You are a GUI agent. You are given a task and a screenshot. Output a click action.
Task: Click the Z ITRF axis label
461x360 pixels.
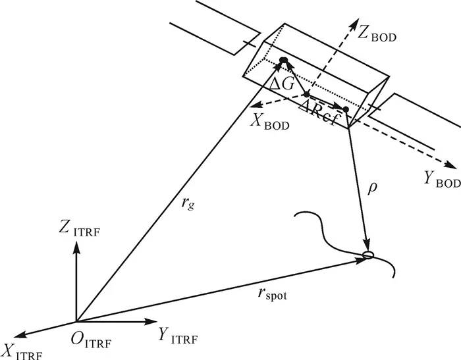pyautogui.click(x=80, y=228)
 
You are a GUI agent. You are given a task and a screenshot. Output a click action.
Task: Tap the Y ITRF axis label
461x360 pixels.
pyautogui.click(x=178, y=335)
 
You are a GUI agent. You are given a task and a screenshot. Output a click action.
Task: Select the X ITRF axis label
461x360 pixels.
pyautogui.click(x=23, y=352)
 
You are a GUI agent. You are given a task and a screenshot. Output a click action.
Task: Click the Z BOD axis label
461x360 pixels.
pyautogui.click(x=377, y=33)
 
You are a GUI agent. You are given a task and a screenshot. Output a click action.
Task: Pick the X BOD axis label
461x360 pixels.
pyautogui.click(x=270, y=121)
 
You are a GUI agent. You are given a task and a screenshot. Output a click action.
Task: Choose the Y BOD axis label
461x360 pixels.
pyautogui.click(x=442, y=178)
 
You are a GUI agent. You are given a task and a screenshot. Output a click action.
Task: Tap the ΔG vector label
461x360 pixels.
pyautogui.click(x=282, y=84)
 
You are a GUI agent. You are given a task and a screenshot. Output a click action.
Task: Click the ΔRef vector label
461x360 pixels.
pyautogui.click(x=318, y=113)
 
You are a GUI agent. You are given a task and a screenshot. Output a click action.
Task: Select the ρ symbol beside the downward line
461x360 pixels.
pyautogui.click(x=372, y=188)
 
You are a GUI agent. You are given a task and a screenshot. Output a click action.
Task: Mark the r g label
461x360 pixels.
pyautogui.click(x=188, y=203)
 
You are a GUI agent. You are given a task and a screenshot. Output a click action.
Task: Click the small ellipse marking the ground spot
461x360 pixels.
pyautogui.click(x=367, y=255)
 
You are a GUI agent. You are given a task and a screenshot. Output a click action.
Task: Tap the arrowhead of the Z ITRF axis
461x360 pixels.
pyautogui.click(x=76, y=247)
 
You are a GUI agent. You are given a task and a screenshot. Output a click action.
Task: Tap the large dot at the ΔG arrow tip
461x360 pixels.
pyautogui.click(x=283, y=61)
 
